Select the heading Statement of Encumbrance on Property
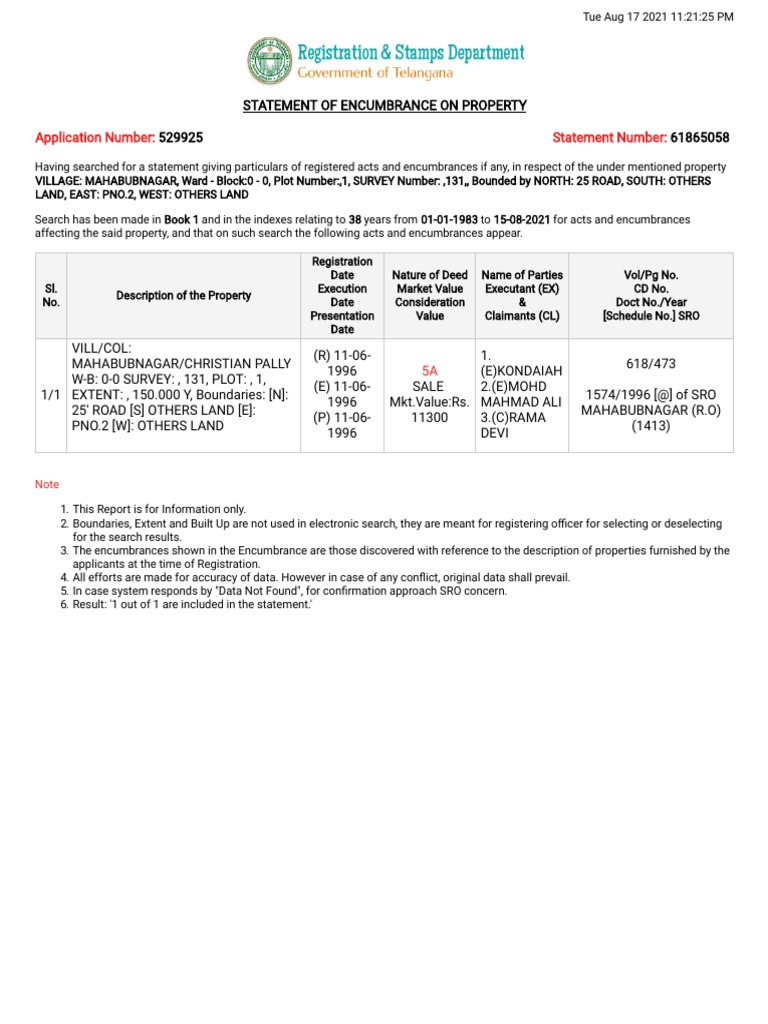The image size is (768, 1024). coord(384,106)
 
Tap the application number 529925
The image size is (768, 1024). coord(180,137)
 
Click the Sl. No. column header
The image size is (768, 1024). coord(51,296)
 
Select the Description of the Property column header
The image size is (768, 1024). coord(184,296)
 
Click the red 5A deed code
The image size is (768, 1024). coord(430,370)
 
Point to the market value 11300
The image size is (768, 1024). coord(430,418)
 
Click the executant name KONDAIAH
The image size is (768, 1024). coord(522,371)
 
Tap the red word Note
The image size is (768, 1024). coord(47,484)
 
